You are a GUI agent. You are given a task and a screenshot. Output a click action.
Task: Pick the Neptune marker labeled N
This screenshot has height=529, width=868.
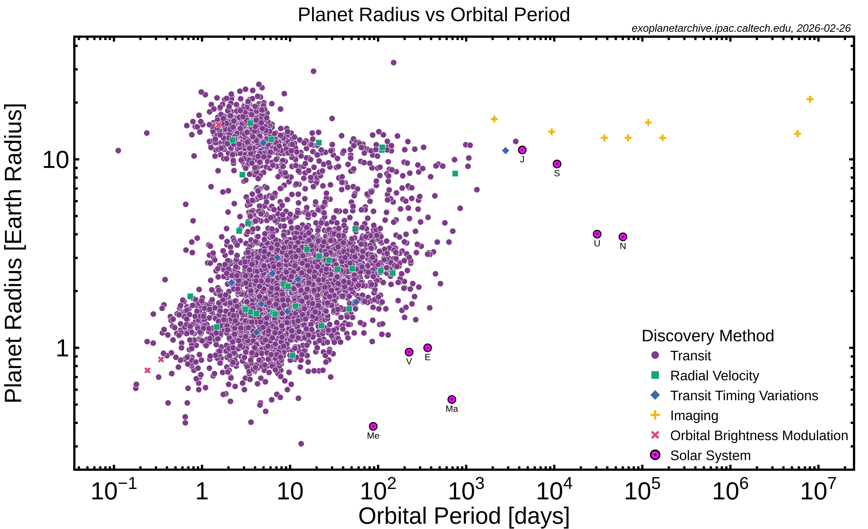pyautogui.click(x=623, y=237)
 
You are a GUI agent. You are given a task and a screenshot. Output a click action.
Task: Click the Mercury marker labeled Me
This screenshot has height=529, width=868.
pyautogui.click(x=373, y=426)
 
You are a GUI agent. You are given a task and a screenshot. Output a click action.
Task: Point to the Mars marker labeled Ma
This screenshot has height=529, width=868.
pyautogui.click(x=452, y=399)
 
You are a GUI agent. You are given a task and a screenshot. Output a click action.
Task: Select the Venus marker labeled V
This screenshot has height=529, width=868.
pyautogui.click(x=409, y=352)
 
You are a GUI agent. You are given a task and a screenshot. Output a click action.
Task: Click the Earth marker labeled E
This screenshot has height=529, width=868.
pyautogui.click(x=427, y=348)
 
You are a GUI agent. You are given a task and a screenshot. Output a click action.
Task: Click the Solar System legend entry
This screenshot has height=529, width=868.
pyautogui.click(x=710, y=455)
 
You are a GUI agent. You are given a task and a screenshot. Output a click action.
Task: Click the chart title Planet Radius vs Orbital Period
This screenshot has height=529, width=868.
pyautogui.click(x=434, y=15)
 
